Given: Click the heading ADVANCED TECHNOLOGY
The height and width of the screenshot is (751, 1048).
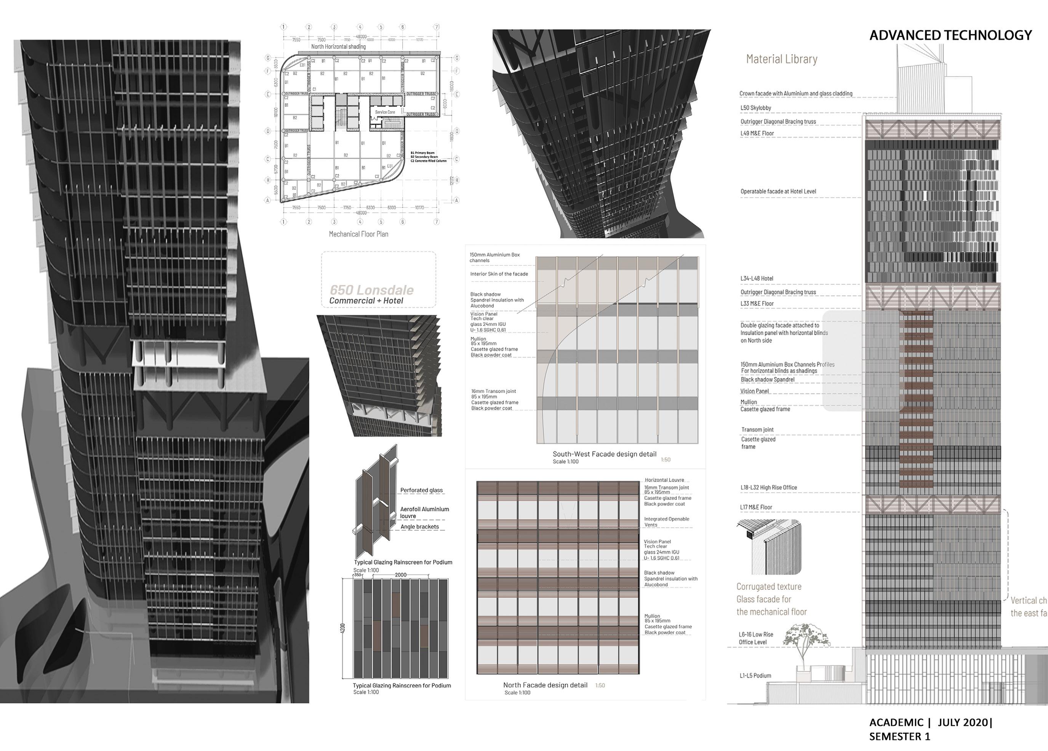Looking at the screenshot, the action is [x=950, y=35].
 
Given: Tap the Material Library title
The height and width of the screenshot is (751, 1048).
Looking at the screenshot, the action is [x=781, y=59].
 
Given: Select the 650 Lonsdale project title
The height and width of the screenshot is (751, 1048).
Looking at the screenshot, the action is [x=371, y=290].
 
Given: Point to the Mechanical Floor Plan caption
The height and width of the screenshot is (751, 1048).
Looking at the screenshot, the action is [x=358, y=234].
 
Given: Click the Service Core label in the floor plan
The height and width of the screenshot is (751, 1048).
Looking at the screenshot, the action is [x=385, y=112].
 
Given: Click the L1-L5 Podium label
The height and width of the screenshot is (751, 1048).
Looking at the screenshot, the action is [x=755, y=676].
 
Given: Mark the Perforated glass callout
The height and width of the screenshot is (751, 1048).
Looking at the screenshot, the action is [x=421, y=490].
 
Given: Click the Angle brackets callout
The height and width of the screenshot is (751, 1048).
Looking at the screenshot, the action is [x=419, y=527].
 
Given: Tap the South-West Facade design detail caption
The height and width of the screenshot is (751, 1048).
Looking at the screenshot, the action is [x=605, y=454].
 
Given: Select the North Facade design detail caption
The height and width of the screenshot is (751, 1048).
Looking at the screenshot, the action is [x=545, y=685].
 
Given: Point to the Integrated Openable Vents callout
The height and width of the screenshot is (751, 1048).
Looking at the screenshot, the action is [x=666, y=522].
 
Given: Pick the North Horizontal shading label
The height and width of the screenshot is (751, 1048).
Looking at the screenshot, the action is [x=338, y=47].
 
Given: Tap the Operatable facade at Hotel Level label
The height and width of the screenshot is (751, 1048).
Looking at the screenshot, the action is [x=778, y=191].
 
